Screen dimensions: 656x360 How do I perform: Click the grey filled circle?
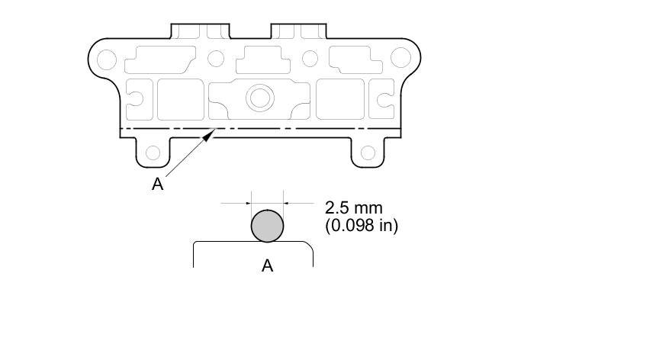pos(267,226)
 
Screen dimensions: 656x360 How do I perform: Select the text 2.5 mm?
pos(353,207)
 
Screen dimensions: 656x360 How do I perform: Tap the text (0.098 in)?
pos(362,225)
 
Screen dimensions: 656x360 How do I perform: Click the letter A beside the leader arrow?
pos(157,184)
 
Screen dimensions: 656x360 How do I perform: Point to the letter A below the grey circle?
pos(267,265)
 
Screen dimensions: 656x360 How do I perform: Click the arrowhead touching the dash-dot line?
pos(210,134)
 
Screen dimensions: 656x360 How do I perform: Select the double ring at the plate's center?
pos(260,98)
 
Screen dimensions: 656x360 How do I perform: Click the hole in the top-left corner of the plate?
pos(107,59)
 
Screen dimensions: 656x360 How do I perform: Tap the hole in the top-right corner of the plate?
pos(400,58)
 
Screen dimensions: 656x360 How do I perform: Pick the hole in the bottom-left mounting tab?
pos(153,153)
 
